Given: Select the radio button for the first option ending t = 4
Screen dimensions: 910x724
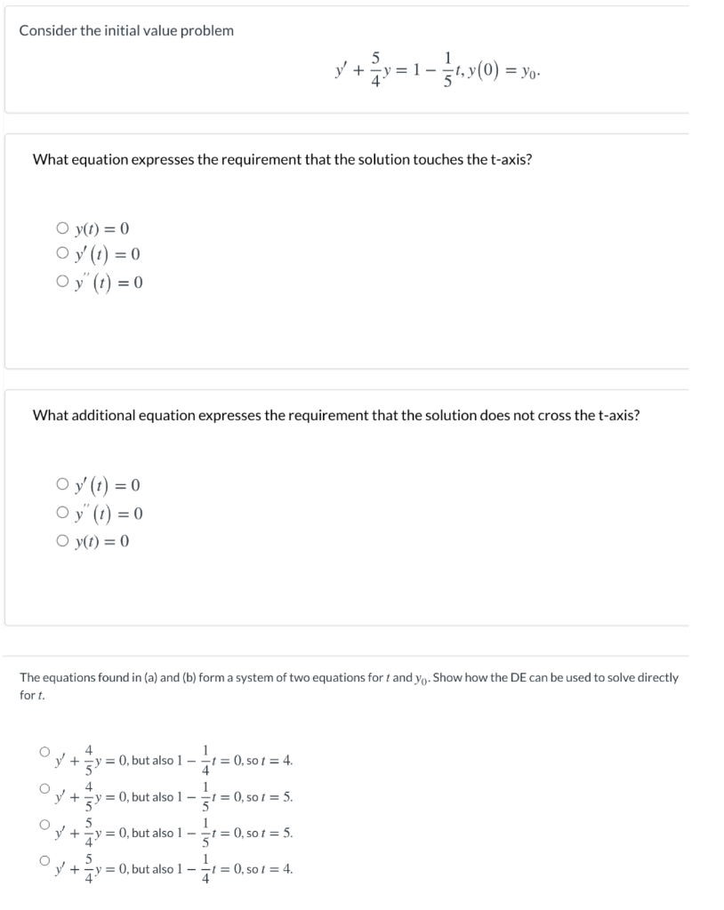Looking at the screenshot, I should pos(43,752).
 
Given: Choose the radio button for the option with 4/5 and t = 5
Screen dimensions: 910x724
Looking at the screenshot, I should pos(43,787).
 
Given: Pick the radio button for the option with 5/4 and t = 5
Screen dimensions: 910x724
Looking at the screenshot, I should pos(43,824).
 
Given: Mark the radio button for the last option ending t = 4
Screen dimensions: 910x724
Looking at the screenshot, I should pos(43,860).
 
